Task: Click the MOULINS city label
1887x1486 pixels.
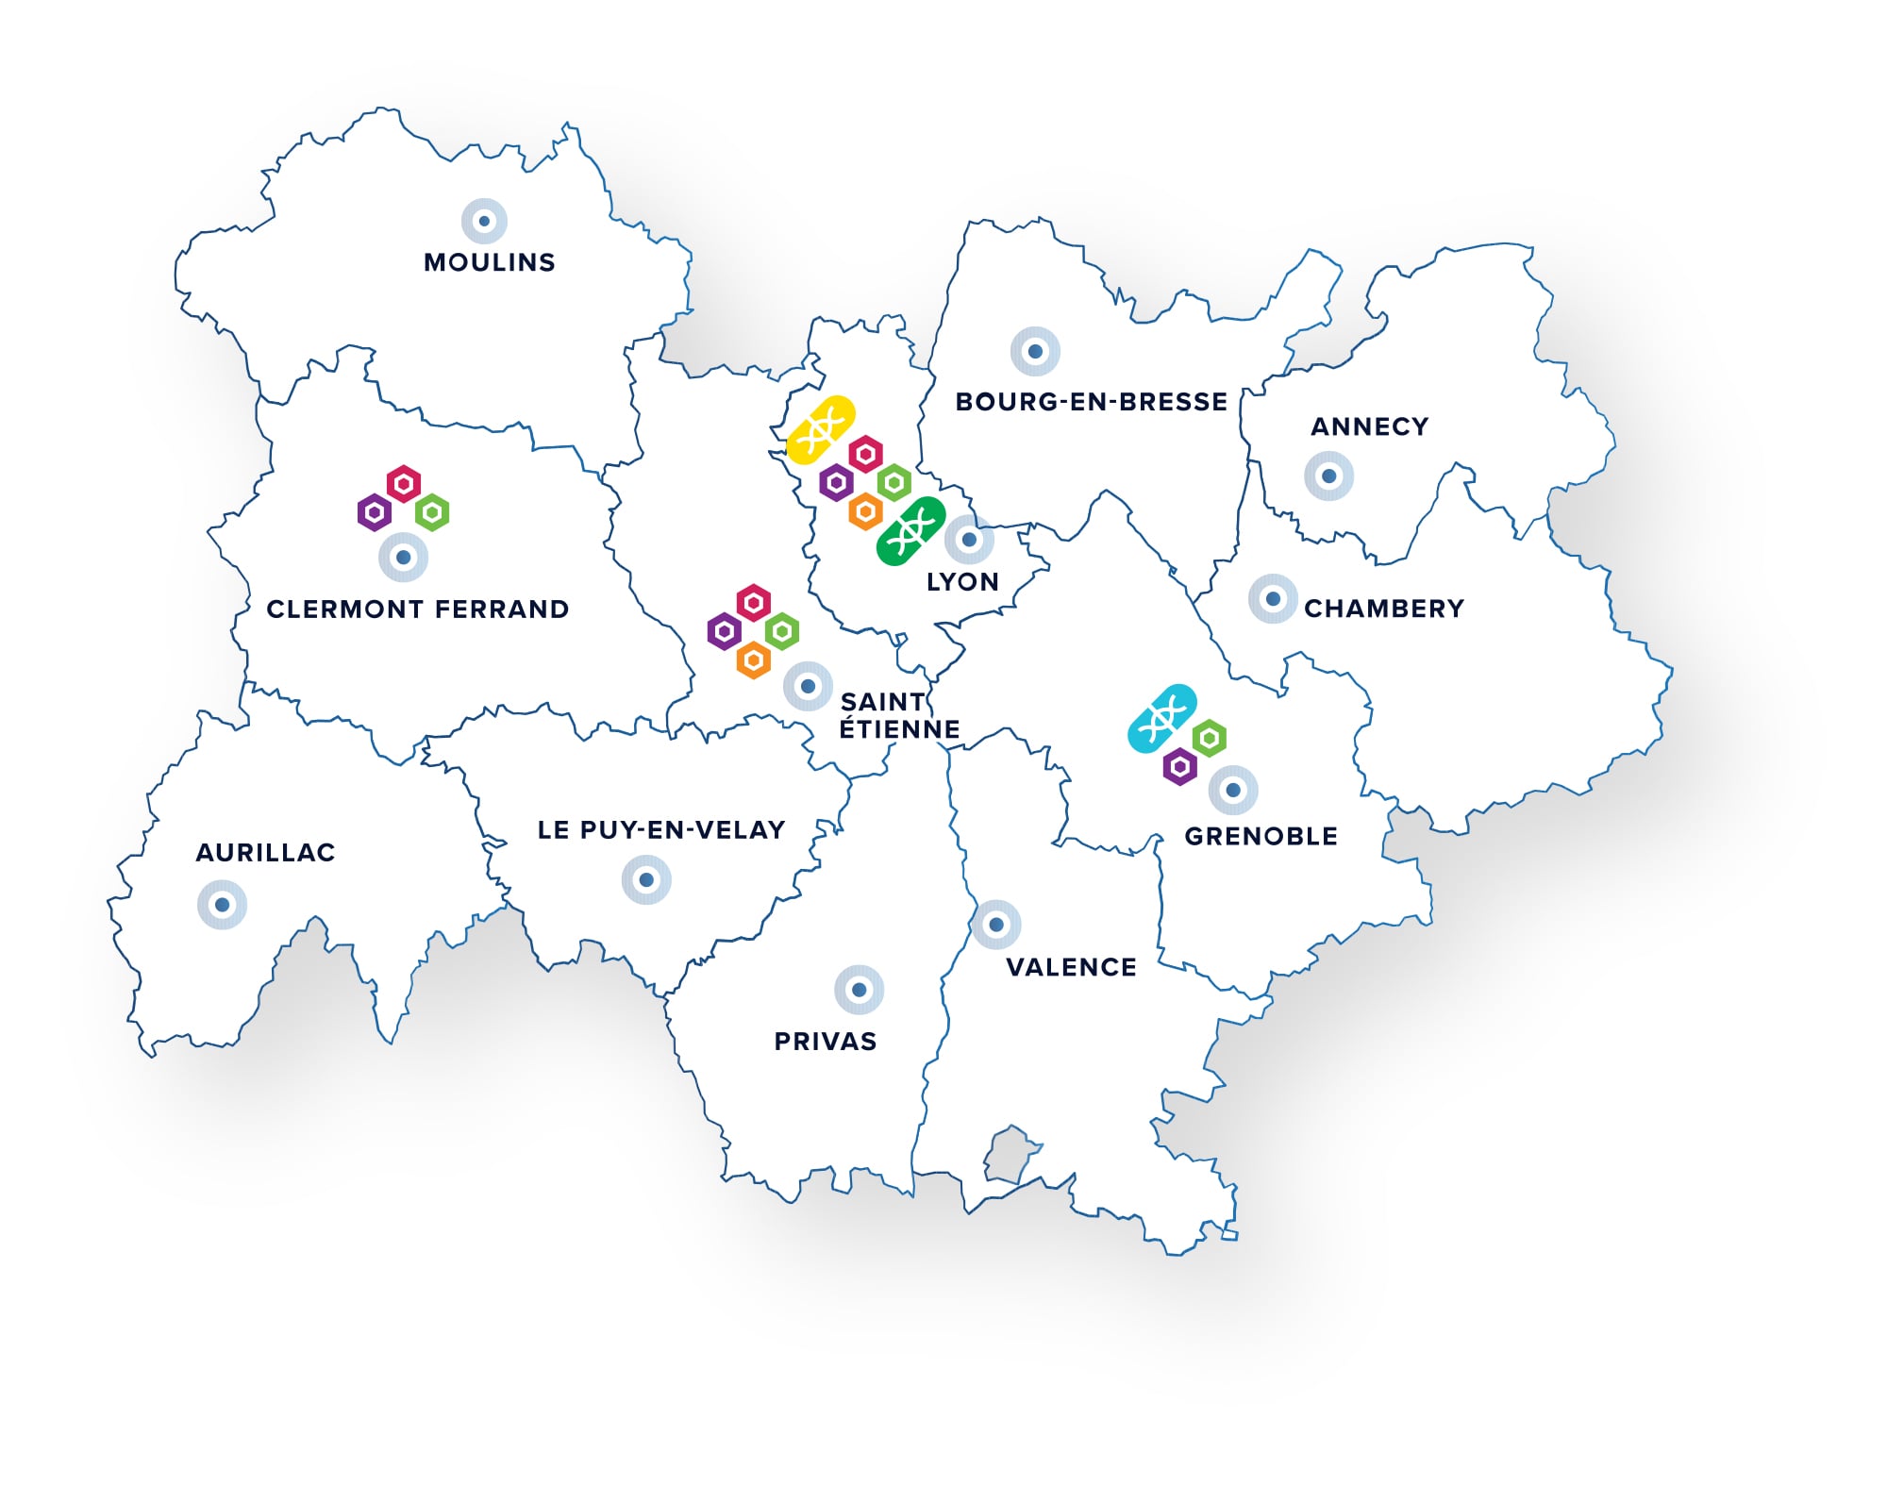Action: pos(489,262)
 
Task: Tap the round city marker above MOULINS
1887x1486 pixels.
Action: pos(484,222)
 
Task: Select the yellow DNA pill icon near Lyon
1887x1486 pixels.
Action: pos(821,430)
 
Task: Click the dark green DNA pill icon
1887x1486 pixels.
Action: pos(910,531)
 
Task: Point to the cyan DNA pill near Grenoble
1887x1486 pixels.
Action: pos(1162,718)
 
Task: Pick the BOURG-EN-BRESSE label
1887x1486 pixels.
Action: pos(1092,402)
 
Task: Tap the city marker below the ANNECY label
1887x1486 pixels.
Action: pos(1328,476)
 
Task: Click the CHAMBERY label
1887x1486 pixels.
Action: pos(1384,609)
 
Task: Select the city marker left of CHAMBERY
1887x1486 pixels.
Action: pos(1273,599)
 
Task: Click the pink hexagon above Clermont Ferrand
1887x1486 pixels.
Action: pos(404,484)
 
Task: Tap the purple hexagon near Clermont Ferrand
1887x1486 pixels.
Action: pos(375,513)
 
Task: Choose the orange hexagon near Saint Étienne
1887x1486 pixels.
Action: pos(753,660)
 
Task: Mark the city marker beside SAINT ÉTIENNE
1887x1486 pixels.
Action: pos(808,687)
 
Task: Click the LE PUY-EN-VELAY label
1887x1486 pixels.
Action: pos(661,830)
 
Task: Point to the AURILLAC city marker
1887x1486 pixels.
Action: pos(222,905)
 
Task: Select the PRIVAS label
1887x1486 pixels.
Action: pos(826,1042)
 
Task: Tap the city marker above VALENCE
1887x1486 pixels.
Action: pos(995,925)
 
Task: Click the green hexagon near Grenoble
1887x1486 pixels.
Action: pos(1209,738)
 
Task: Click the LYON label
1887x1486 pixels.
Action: pos(962,582)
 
